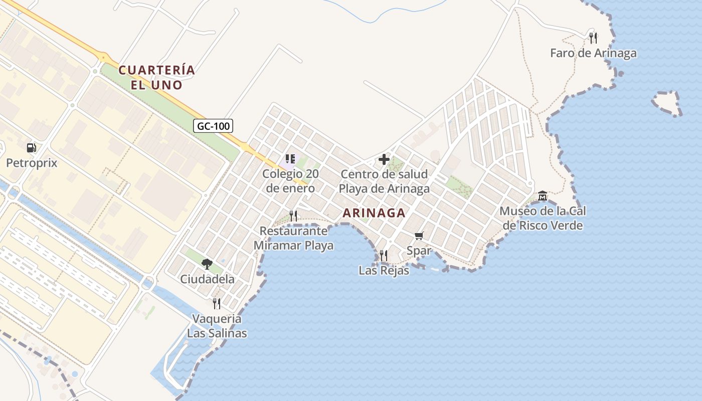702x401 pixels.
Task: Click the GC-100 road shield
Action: point(213,126)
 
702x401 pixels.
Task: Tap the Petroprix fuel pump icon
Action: point(32,148)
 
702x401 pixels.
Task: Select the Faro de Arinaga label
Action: point(593,53)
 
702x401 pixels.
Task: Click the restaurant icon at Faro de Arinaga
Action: point(593,38)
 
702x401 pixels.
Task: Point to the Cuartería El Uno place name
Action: point(156,77)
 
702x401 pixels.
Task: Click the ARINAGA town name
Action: point(374,213)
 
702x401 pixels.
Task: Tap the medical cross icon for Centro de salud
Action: point(384,159)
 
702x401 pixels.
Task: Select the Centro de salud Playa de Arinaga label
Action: point(384,181)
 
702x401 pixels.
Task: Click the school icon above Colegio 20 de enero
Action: point(290,159)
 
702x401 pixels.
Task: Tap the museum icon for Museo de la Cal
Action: point(542,195)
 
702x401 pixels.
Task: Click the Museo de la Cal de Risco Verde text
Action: point(543,218)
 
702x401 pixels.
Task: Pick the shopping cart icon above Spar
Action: point(419,236)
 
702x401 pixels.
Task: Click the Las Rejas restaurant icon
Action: point(384,256)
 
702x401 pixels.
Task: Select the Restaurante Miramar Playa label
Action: point(293,239)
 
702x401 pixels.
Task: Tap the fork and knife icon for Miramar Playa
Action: point(293,216)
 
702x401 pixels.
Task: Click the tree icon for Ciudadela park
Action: point(207,264)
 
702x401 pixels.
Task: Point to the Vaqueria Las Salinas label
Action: point(217,326)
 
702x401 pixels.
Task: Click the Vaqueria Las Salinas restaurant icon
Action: point(217,303)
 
